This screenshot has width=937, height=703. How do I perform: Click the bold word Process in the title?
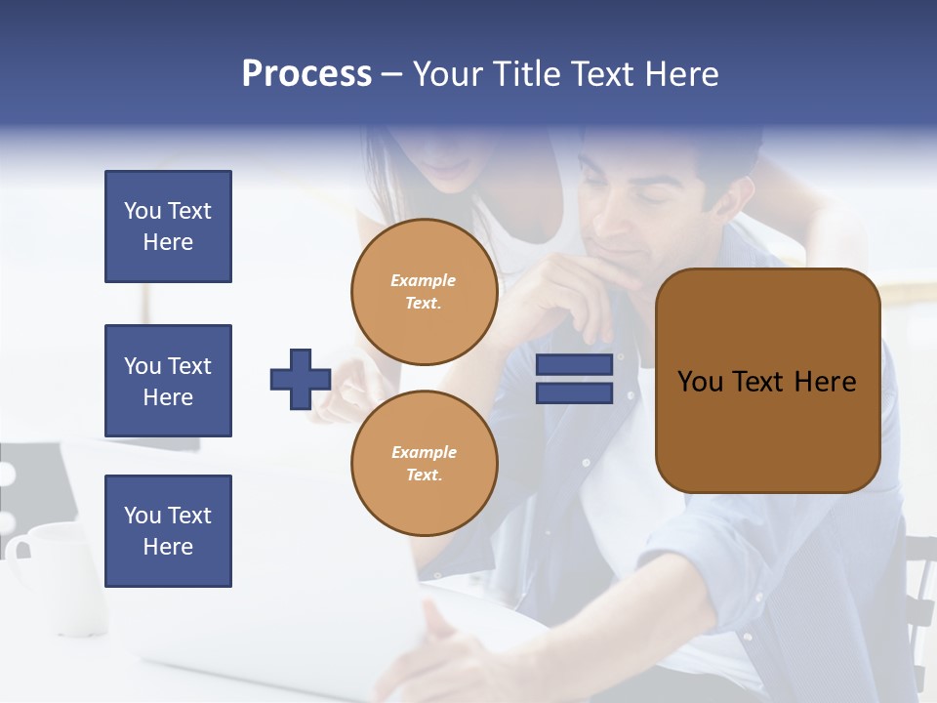pyautogui.click(x=306, y=73)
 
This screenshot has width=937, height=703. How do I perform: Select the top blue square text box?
pyautogui.click(x=168, y=227)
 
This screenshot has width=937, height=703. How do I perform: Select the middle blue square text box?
pyautogui.click(x=168, y=381)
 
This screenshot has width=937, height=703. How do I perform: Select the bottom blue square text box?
pyautogui.click(x=168, y=530)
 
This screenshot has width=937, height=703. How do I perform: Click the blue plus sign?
pyautogui.click(x=301, y=379)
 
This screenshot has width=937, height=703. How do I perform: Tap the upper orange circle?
pyautogui.click(x=425, y=292)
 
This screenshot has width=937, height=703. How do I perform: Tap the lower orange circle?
pyautogui.click(x=425, y=464)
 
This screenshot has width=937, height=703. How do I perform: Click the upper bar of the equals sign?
pyautogui.click(x=574, y=365)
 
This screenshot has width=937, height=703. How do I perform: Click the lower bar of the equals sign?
pyautogui.click(x=574, y=393)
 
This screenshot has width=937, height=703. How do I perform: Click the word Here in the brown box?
pyautogui.click(x=825, y=382)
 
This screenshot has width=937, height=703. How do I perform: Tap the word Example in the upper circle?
pyautogui.click(x=424, y=280)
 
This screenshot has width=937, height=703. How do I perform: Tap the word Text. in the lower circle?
pyautogui.click(x=424, y=476)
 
